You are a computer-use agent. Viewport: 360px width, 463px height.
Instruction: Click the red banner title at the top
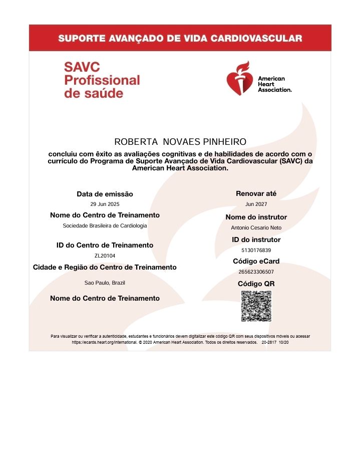coord(180,38)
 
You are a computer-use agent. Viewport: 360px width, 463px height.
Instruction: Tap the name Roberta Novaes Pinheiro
coord(180,142)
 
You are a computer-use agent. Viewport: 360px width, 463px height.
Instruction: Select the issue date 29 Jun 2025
coord(105,204)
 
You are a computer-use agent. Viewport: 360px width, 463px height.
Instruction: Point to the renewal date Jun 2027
coord(256,204)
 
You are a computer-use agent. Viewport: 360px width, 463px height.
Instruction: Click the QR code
coord(256,306)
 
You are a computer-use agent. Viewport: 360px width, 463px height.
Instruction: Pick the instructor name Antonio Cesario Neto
coord(256,227)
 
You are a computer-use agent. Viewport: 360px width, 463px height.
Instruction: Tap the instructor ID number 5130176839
coord(256,250)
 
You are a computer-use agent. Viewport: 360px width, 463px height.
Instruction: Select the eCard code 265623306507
coord(256,272)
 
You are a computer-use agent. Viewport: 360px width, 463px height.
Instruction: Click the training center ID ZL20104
coord(105,256)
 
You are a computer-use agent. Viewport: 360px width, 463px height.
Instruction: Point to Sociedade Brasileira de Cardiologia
coord(105,225)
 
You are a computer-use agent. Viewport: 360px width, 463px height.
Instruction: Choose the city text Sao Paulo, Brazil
coord(105,283)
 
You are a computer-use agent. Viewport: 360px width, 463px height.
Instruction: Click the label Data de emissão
coord(105,194)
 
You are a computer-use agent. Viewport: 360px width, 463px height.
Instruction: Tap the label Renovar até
coord(256,193)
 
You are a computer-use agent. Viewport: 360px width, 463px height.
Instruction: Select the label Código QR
coord(256,284)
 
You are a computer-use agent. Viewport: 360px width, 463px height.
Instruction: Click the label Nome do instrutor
coord(256,217)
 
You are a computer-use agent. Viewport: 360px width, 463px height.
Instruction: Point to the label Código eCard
coord(256,261)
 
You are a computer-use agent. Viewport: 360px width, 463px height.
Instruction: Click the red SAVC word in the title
coord(75,67)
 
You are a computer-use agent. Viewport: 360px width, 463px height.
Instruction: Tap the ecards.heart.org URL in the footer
coord(103,342)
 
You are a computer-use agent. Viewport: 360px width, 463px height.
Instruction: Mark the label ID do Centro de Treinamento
coord(105,245)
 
